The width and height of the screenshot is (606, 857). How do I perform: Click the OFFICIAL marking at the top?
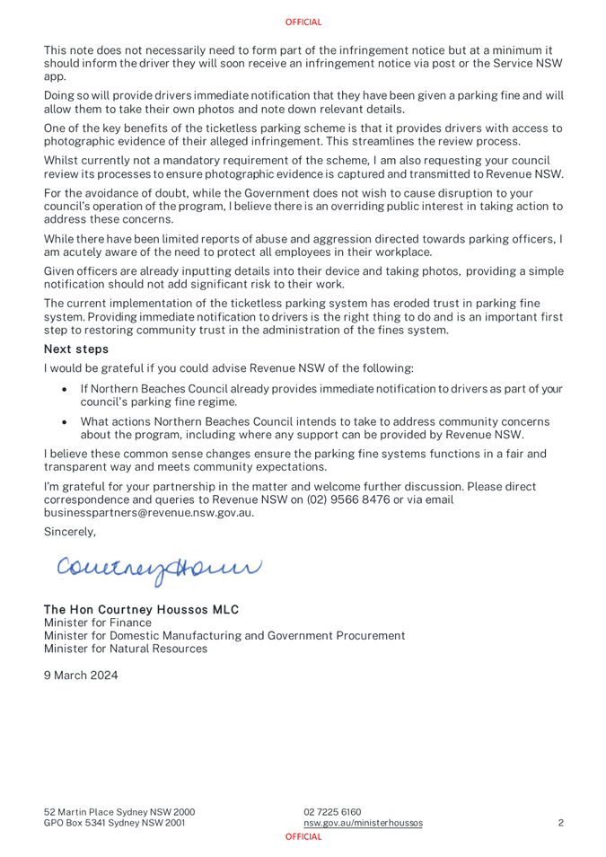(303, 22)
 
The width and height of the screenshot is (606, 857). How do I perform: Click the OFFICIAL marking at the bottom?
(303, 835)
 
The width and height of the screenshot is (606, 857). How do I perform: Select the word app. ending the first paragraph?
(57, 77)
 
